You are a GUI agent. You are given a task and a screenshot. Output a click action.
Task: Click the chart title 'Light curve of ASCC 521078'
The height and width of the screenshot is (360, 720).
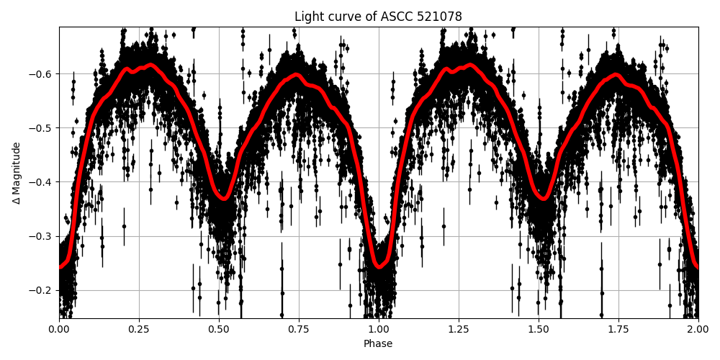point(378,17)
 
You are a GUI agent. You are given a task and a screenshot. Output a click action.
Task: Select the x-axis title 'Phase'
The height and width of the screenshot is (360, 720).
point(378,343)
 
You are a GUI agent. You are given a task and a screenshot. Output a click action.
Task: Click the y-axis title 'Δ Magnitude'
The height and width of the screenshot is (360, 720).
point(16,173)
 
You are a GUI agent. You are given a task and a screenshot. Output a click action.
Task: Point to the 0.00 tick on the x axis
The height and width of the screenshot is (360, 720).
point(59,329)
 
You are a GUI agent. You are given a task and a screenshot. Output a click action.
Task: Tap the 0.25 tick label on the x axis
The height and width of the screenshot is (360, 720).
point(139,329)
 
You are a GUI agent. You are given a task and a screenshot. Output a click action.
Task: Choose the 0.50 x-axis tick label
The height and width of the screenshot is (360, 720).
point(219,329)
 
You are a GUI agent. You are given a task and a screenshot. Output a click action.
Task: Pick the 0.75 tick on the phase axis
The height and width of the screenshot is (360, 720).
point(299,329)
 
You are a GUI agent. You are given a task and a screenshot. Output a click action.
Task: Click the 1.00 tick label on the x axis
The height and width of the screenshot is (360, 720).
point(379,329)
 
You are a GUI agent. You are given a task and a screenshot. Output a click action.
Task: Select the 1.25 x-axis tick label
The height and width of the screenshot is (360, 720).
point(459,329)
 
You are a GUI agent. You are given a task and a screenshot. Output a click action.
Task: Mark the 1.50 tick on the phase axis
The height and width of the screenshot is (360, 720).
point(539,329)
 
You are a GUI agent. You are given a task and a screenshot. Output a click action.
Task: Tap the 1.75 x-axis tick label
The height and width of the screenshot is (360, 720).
point(618,329)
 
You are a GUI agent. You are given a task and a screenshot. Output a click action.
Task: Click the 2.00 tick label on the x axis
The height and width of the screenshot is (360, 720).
point(698,329)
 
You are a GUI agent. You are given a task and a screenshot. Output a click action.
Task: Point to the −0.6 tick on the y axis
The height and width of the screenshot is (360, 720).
point(42,73)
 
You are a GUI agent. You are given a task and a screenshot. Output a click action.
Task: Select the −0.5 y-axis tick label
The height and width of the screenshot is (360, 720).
point(42,127)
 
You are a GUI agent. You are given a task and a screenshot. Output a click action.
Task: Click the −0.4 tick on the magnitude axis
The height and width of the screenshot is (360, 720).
point(42,181)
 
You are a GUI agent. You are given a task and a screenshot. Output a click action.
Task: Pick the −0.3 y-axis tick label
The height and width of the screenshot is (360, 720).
point(42,236)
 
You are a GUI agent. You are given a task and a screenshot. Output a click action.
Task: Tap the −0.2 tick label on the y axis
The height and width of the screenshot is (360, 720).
point(42,290)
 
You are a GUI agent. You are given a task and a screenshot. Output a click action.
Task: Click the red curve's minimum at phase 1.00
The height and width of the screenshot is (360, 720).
point(379,267)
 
